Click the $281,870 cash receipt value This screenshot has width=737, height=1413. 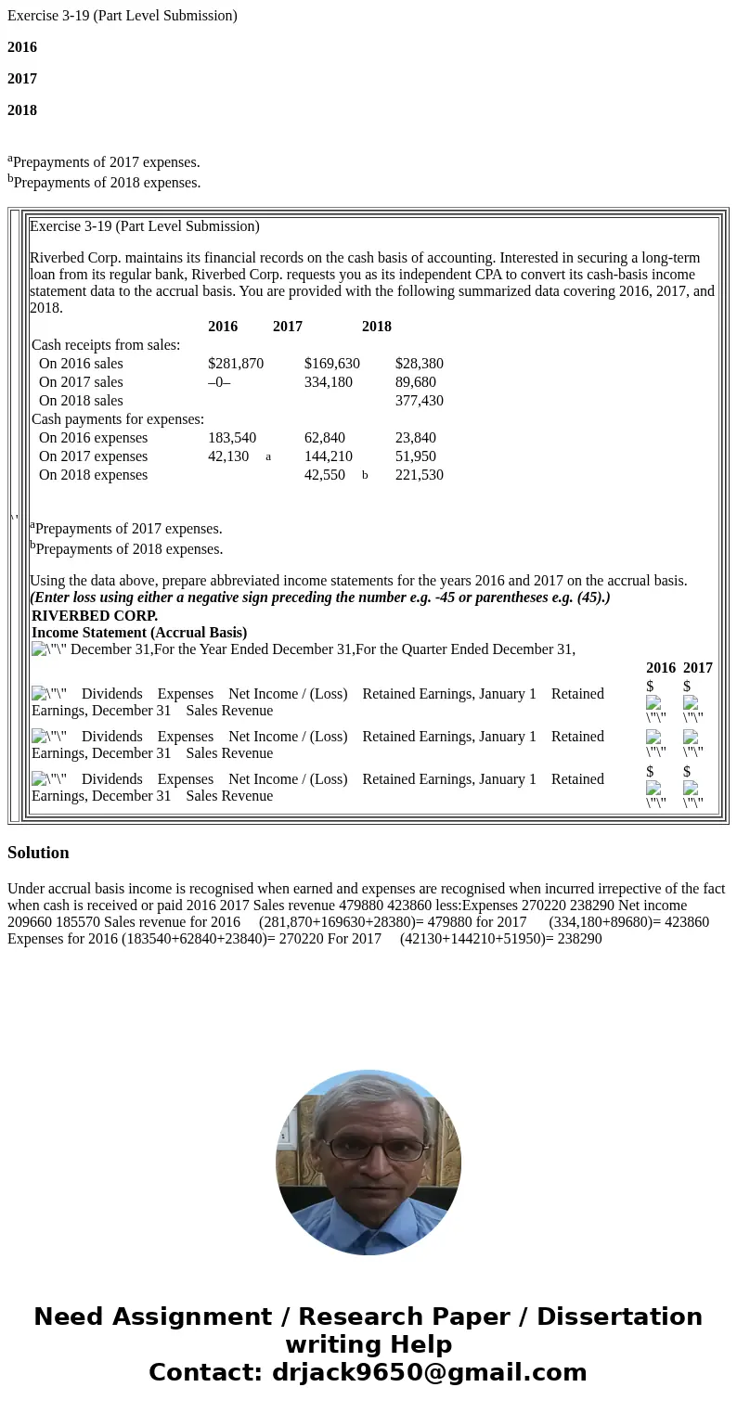point(236,364)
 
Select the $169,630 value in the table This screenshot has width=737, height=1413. point(331,364)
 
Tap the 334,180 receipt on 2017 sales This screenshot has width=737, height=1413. point(328,382)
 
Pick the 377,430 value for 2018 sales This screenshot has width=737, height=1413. point(419,401)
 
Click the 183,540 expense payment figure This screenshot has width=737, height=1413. point(232,438)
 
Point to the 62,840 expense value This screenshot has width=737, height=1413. point(324,438)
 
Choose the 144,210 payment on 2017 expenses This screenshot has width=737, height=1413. point(328,456)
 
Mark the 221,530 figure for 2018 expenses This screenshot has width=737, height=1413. point(419,475)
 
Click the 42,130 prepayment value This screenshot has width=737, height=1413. point(228,456)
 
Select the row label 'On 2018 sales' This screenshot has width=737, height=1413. point(81,401)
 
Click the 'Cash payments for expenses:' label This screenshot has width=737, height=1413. point(118,419)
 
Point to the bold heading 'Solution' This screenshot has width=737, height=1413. point(38,853)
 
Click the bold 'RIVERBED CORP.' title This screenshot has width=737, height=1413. point(95,616)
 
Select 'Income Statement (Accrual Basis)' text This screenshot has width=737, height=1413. point(139,633)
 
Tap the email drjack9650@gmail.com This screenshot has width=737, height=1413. point(429,1372)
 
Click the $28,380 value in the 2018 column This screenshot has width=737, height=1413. point(419,364)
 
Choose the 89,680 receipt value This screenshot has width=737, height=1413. point(415,382)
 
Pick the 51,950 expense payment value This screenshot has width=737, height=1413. point(415,456)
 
